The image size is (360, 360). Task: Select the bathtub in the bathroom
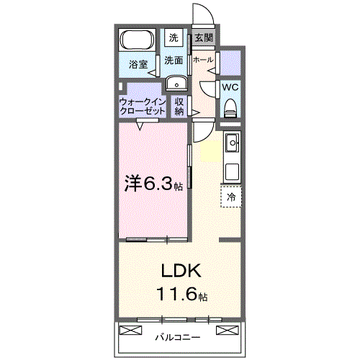pyautogui.click(x=136, y=40)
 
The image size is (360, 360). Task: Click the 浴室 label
pyautogui.click(x=138, y=64)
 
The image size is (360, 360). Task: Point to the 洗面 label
pyautogui.click(x=174, y=61)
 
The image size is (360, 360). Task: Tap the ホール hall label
pyautogui.click(x=203, y=60)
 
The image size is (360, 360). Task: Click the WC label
pyautogui.click(x=230, y=87)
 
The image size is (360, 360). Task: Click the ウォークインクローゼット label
pyautogui.click(x=143, y=107)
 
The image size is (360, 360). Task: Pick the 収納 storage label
pyautogui.click(x=179, y=107)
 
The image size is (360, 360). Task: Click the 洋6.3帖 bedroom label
pyautogui.click(x=150, y=184)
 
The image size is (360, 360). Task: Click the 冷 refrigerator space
pyautogui.click(x=231, y=196)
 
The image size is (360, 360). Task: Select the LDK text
pyautogui.click(x=179, y=271)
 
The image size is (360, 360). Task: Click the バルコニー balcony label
pyautogui.click(x=177, y=336)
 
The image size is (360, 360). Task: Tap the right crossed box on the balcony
pyautogui.click(x=226, y=330)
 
